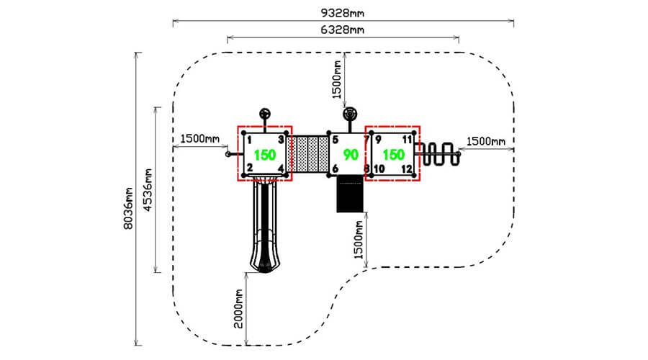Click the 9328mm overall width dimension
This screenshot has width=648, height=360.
(343, 13)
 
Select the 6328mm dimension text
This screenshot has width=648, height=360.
(343, 30)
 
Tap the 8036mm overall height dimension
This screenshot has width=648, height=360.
(129, 208)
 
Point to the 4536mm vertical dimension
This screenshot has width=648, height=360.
(148, 189)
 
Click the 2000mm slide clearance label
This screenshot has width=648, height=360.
(238, 308)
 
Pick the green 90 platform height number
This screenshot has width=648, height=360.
(351, 155)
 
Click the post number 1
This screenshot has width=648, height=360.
(250, 140)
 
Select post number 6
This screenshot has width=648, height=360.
(335, 168)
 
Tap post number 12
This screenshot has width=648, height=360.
(407, 168)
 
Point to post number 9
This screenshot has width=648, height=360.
(378, 140)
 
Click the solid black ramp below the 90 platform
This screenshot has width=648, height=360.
(350, 194)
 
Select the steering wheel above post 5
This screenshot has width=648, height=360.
(350, 113)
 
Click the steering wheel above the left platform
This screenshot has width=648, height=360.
(265, 114)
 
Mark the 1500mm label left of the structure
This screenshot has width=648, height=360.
(200, 138)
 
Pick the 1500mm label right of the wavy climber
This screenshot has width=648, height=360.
(486, 142)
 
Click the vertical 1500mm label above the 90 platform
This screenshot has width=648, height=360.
(337, 80)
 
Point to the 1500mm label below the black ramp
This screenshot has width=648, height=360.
(359, 240)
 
